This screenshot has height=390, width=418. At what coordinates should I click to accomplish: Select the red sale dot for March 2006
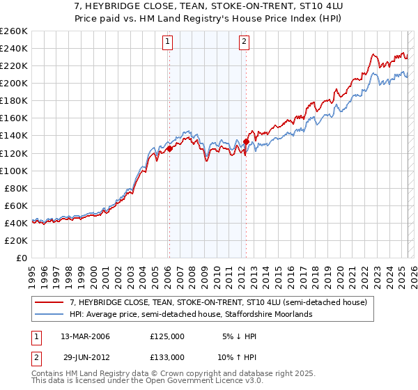pyautogui.click(x=169, y=148)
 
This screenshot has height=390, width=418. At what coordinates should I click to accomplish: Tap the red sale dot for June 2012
pyautogui.click(x=246, y=141)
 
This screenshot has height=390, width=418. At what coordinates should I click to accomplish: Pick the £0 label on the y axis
pyautogui.click(x=22, y=258)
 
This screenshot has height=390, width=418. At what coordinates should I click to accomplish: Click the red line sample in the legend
pyautogui.click(x=50, y=303)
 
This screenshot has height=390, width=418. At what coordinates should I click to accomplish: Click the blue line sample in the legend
pyautogui.click(x=50, y=315)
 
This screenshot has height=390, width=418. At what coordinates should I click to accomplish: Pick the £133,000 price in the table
pyautogui.click(x=167, y=357)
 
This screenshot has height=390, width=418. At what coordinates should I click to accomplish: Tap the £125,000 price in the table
pyautogui.click(x=167, y=336)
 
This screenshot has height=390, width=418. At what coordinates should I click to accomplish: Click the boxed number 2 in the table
pyautogui.click(x=36, y=357)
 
